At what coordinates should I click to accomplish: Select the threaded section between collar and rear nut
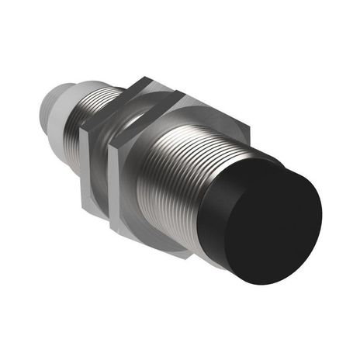[81, 112]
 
